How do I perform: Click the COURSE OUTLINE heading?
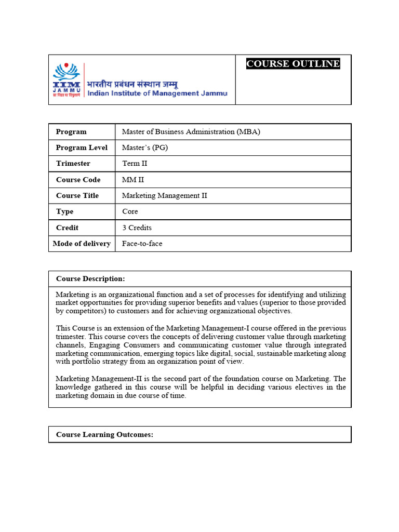pos(293,64)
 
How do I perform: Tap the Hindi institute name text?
pos(132,84)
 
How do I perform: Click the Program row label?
pos(71,131)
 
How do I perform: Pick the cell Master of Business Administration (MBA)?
pos(191,131)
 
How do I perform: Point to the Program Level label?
pos(82,148)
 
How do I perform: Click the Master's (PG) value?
pos(145,148)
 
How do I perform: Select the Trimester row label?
pos(73,163)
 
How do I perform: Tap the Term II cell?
pos(135,163)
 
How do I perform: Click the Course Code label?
pos(78,180)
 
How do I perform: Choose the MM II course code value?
pos(133,180)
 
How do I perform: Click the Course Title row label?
pos(77,195)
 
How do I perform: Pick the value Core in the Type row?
pos(130,211)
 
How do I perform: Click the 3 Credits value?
pos(137,228)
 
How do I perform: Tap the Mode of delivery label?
pos(82,244)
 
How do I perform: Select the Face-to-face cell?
pos(142,244)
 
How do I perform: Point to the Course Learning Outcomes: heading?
pos(104,434)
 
